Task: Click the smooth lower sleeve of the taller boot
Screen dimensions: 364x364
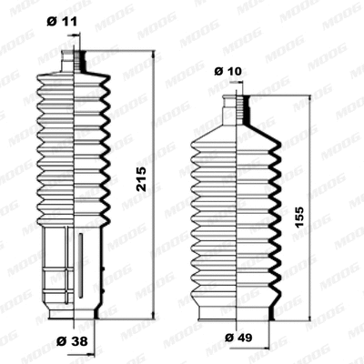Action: [64, 268]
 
